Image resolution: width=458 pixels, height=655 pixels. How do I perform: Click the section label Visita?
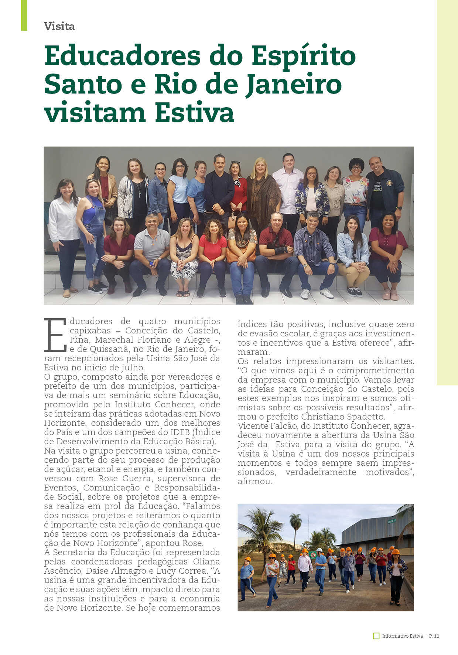click(x=59, y=26)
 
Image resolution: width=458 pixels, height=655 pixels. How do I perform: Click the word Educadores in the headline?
click(x=122, y=56)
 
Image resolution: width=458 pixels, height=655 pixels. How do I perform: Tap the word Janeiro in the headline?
click(x=294, y=84)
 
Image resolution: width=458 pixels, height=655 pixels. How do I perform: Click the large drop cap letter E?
click(x=55, y=335)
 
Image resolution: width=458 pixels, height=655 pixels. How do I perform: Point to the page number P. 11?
click(x=434, y=636)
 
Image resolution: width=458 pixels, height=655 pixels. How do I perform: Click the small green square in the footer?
click(x=376, y=636)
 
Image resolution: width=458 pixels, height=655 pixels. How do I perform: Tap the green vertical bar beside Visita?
click(x=24, y=15)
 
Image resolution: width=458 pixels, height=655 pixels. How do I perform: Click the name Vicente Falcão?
click(x=262, y=426)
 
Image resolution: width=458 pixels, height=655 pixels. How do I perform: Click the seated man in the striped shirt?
click(x=314, y=251)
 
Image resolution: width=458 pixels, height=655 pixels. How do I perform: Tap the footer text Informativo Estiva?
click(x=402, y=636)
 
